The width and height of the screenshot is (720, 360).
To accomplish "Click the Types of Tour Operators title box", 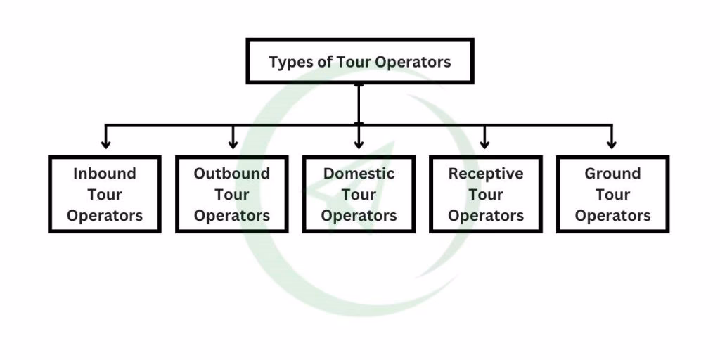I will click(x=359, y=62).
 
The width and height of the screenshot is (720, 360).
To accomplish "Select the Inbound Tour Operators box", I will click(x=105, y=195).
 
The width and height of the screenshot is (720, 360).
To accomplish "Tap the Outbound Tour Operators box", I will click(x=232, y=195).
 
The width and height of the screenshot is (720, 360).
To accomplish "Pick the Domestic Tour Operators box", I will click(x=359, y=195).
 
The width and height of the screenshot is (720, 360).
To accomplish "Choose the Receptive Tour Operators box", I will click(x=486, y=195).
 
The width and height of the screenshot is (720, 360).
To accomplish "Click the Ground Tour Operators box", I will click(x=612, y=195).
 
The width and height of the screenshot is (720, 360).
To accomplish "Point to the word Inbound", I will click(x=105, y=174).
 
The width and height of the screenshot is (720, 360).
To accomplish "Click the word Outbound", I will click(x=232, y=174).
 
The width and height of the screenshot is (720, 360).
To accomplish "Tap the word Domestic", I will click(x=359, y=174).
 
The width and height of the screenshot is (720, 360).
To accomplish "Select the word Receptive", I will click(x=486, y=174).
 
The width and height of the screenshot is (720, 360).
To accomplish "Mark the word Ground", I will click(x=612, y=174).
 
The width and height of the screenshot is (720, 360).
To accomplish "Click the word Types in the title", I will click(x=290, y=62).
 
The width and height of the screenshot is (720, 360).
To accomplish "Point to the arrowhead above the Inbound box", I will click(x=105, y=143).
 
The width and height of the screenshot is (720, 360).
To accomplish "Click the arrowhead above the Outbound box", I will click(x=233, y=143).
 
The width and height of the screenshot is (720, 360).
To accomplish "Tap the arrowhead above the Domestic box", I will click(x=359, y=143).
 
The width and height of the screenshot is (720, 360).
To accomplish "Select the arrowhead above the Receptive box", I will click(x=484, y=143).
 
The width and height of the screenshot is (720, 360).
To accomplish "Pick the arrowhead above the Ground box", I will click(x=612, y=143).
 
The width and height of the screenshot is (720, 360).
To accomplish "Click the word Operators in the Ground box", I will click(x=612, y=216).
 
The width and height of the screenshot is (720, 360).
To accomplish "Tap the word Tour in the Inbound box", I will click(x=105, y=195).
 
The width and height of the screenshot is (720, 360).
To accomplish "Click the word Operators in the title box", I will click(x=413, y=62).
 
